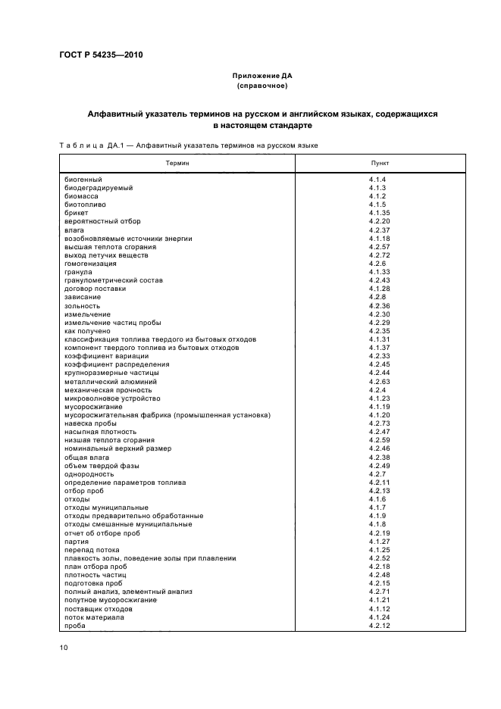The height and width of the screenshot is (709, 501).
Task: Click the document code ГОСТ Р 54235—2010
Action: [x=100, y=55]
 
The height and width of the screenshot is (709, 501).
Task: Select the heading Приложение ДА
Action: [x=261, y=77]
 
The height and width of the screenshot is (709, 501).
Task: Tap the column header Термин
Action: [x=179, y=163]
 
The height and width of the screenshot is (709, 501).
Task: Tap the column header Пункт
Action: [x=378, y=163]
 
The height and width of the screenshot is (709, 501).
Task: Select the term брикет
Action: [x=77, y=213]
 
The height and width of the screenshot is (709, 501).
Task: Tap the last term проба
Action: [x=75, y=626]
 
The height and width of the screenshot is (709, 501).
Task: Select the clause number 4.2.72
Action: [x=379, y=255]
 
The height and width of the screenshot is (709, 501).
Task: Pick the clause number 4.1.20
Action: [x=379, y=415]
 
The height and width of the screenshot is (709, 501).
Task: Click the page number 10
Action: [x=64, y=648]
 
